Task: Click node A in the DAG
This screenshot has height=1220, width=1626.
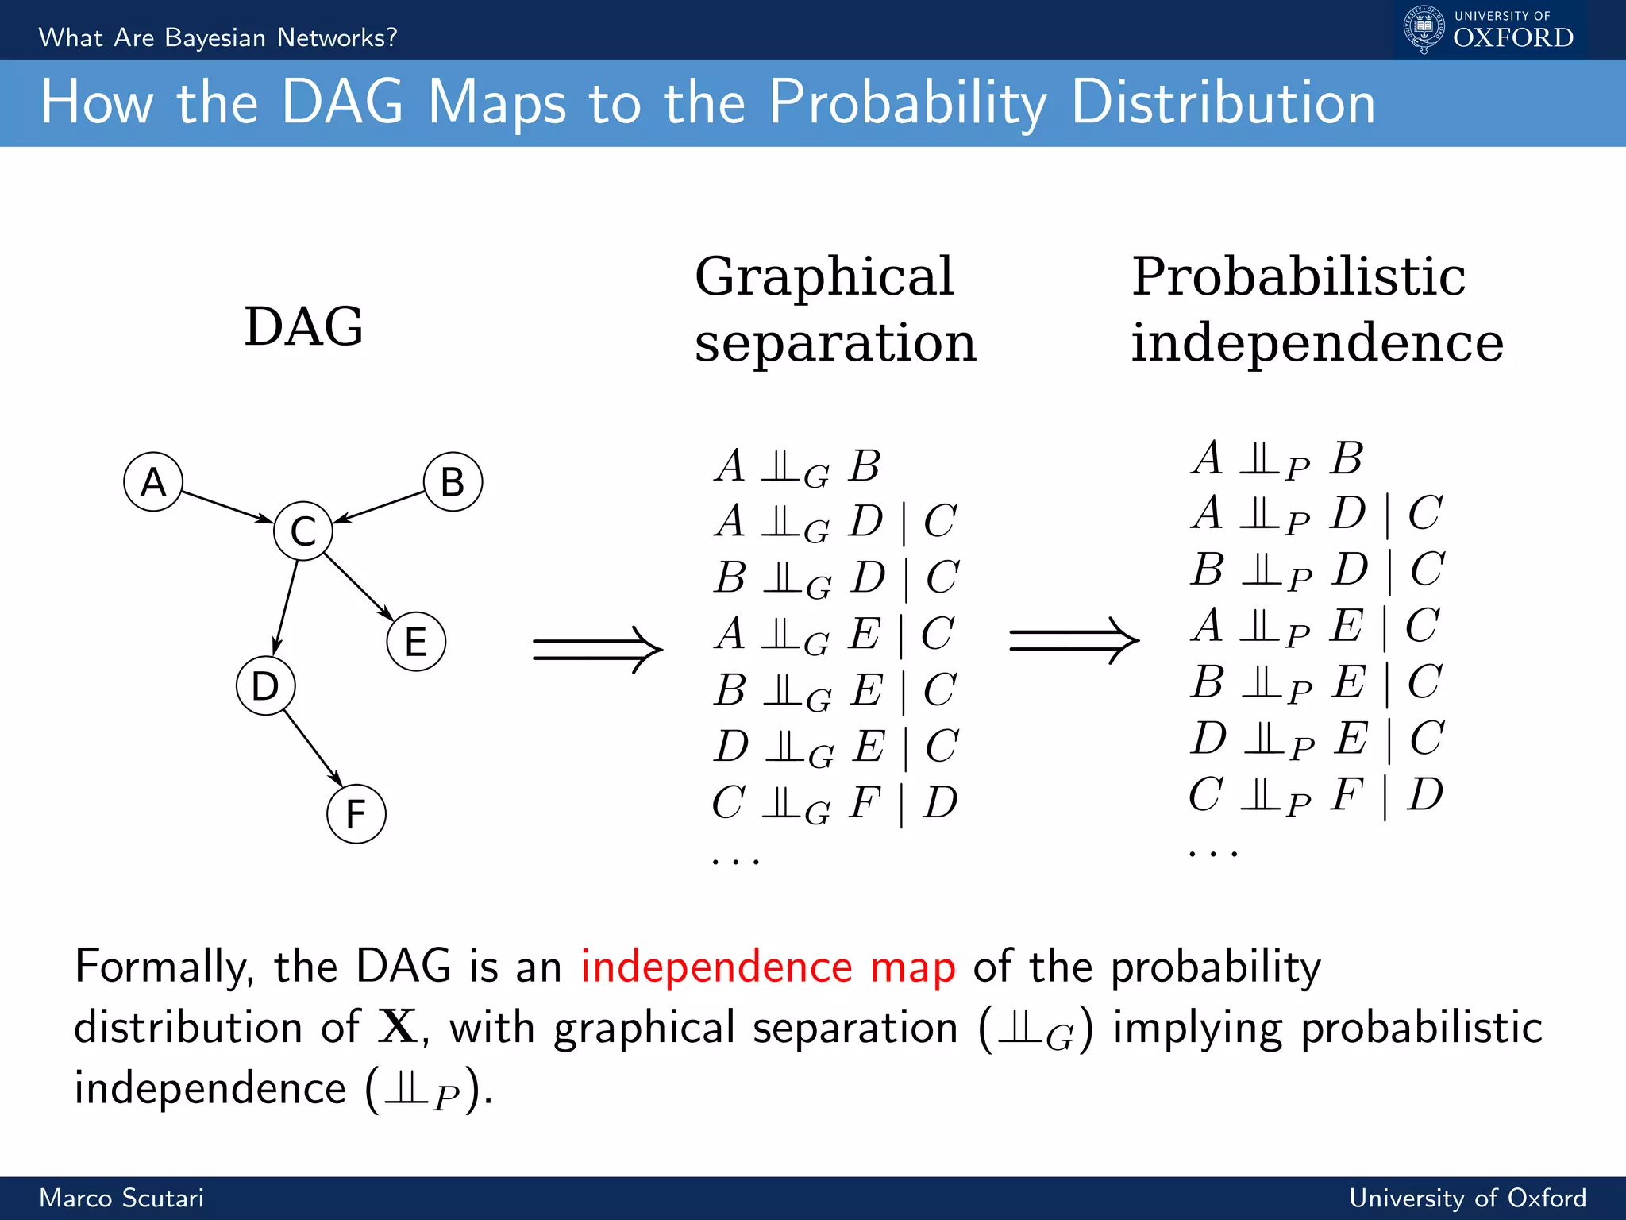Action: tap(153, 482)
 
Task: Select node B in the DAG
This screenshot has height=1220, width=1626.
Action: tap(453, 482)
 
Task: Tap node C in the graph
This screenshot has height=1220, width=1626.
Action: tap(303, 531)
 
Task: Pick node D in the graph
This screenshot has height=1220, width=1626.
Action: tap(265, 685)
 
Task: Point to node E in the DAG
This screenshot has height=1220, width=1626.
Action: tap(416, 642)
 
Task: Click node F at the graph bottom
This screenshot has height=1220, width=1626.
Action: tap(356, 814)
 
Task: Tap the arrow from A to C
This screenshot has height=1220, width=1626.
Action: tap(227, 507)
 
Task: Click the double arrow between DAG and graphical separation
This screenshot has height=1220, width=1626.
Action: tap(597, 649)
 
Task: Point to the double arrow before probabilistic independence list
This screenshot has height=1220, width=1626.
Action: tap(1073, 640)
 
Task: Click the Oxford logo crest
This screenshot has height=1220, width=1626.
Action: tap(1424, 29)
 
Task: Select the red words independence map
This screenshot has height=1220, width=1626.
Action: tap(768, 967)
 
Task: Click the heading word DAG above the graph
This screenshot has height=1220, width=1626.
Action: tap(303, 326)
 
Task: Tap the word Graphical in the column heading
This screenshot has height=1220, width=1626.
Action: tap(823, 276)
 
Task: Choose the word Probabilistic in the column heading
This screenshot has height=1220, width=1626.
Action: tap(1298, 276)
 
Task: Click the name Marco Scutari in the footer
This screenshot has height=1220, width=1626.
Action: tap(121, 1198)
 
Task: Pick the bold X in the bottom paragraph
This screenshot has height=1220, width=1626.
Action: tap(397, 1026)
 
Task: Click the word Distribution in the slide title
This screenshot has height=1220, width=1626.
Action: tap(1223, 103)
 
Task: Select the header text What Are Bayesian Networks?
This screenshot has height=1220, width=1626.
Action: tap(218, 37)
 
